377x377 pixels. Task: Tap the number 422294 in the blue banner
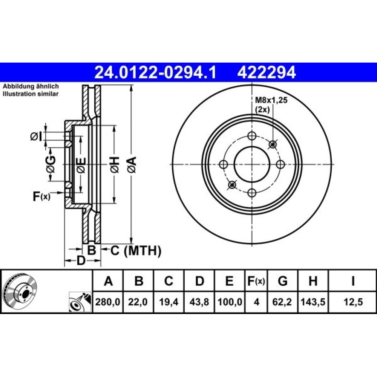point(267,72)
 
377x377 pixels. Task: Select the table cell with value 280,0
point(108,302)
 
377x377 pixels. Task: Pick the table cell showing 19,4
point(169,302)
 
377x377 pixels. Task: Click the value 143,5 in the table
point(313,302)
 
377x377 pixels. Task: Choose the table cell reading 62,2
point(282,302)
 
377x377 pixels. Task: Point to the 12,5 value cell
point(353,302)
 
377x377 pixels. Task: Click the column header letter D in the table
point(199,281)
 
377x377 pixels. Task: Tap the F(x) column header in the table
point(256,281)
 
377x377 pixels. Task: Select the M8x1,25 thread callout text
point(271,100)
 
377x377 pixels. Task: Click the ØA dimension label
point(132,165)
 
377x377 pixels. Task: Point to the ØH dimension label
point(115,165)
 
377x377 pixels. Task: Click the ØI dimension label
point(36,136)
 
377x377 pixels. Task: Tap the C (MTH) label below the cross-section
point(136,251)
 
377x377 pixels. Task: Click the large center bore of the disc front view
point(252,165)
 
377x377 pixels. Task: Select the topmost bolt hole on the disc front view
point(252,136)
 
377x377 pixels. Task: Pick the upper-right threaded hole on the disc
point(273,144)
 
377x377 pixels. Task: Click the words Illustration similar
point(31,94)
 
